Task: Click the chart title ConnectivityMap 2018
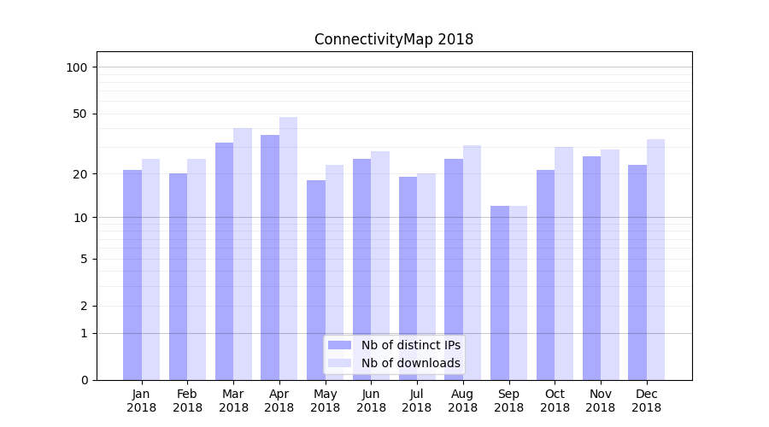[393, 39]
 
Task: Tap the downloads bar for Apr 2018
[288, 248]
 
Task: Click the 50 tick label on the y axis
[80, 114]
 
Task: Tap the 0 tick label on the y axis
[84, 380]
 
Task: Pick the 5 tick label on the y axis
[84, 259]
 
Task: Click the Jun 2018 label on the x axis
[371, 401]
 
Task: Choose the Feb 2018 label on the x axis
[187, 401]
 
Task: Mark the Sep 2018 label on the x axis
[508, 401]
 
